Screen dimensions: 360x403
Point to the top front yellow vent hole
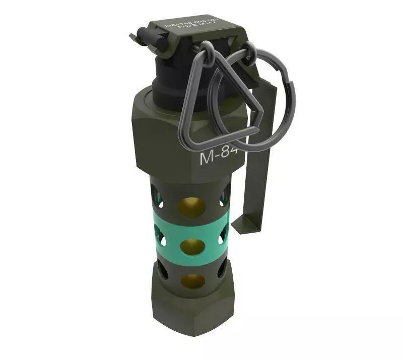coord(192,207)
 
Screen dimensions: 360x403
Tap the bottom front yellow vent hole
coord(192,281)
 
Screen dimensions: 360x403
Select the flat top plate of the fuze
coord(201,28)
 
